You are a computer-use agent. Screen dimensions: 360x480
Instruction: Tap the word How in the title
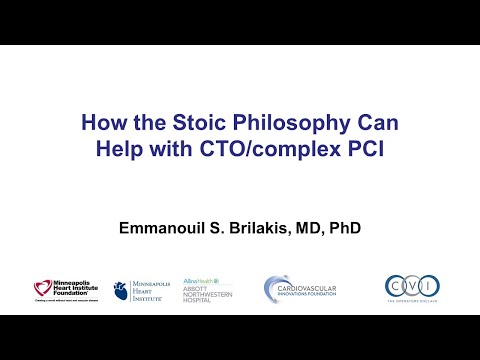click(x=106, y=128)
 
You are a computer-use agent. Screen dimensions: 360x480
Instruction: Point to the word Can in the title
click(x=374, y=128)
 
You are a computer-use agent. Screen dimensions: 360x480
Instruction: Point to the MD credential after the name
click(x=313, y=228)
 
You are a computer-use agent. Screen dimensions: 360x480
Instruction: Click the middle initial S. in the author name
click(x=215, y=228)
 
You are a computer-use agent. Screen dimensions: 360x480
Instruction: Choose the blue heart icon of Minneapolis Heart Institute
click(x=120, y=290)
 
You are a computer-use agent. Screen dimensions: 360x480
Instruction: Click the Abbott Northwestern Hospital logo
click(x=207, y=292)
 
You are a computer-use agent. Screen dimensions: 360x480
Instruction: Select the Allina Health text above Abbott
click(x=200, y=281)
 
